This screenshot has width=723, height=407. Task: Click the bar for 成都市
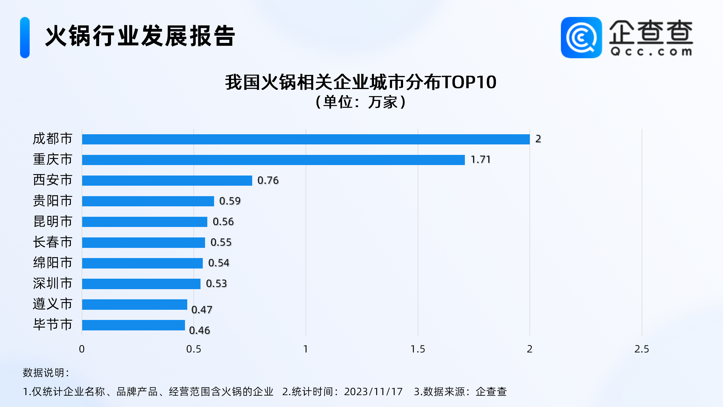(x=306, y=139)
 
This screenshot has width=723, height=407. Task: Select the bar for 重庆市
(x=273, y=160)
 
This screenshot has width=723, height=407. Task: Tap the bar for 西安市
(x=167, y=181)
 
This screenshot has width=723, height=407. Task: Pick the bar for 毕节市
(x=133, y=325)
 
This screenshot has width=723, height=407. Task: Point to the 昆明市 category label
(x=53, y=222)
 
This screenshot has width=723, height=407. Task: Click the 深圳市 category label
(x=53, y=283)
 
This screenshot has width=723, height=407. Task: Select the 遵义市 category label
(x=53, y=304)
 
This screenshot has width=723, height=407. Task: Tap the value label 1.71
(x=480, y=160)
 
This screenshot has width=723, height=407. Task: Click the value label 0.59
(x=230, y=201)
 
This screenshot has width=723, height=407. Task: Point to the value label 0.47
(x=202, y=310)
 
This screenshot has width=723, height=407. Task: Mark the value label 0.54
(x=219, y=263)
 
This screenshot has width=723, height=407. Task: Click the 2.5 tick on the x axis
(x=642, y=349)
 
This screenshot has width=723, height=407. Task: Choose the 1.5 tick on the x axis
(x=418, y=349)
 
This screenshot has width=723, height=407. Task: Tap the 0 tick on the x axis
(x=82, y=349)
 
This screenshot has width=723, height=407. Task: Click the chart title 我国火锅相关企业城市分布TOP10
(x=361, y=83)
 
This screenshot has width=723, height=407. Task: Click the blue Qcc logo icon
(x=581, y=38)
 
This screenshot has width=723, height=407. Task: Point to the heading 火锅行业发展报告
(x=140, y=36)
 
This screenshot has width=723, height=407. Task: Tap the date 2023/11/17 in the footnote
(x=373, y=392)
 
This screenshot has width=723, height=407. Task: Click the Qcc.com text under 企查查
(x=651, y=52)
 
